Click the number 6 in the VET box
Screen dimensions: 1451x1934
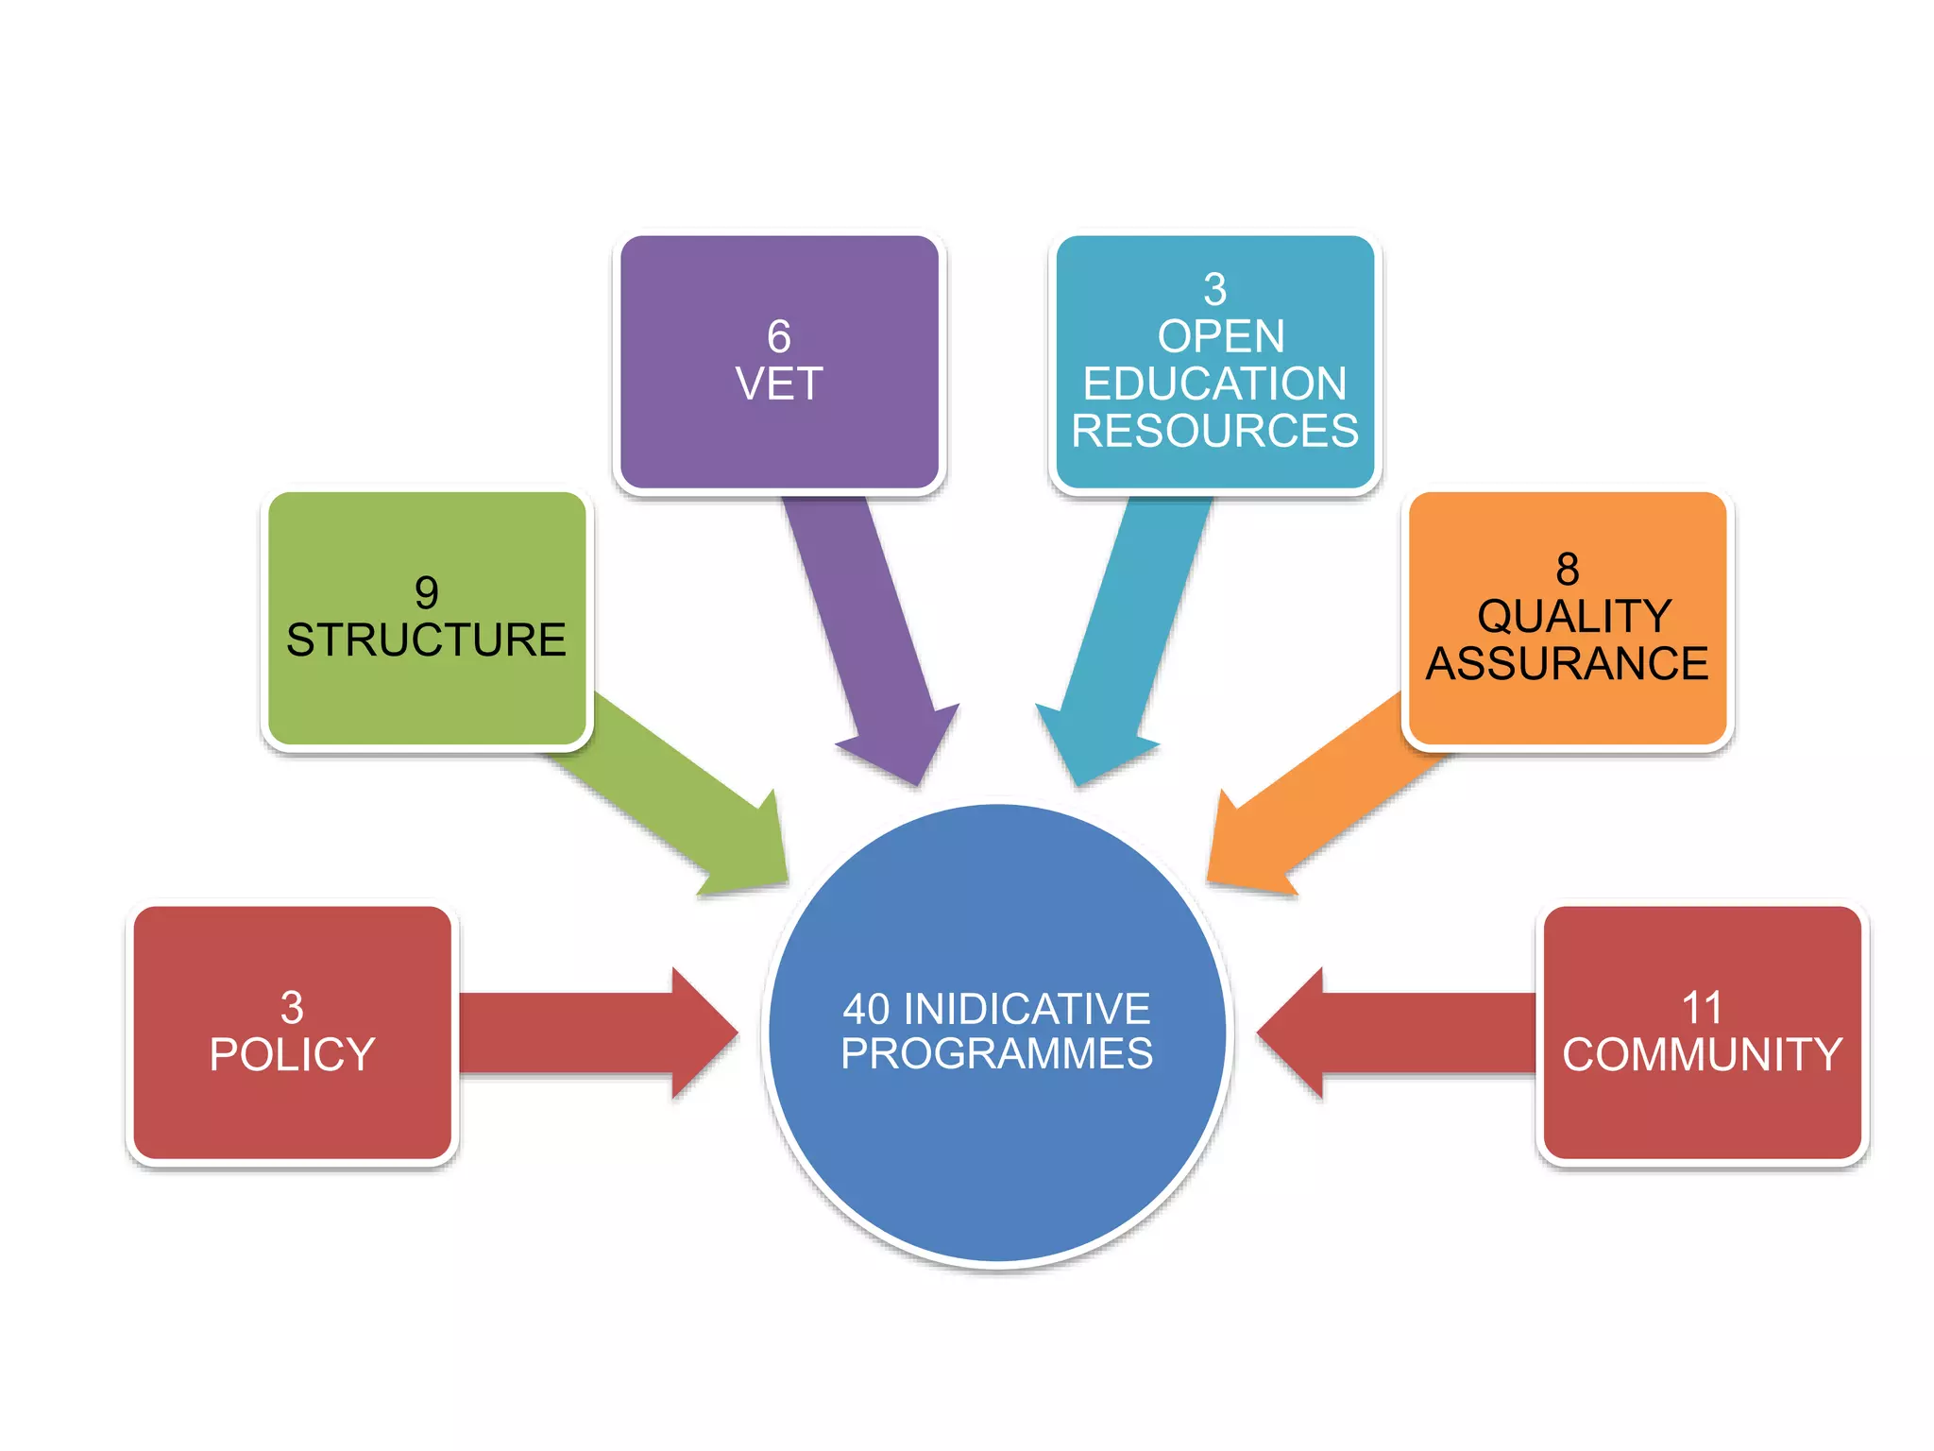[x=778, y=336]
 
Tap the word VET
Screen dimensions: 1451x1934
[x=779, y=384]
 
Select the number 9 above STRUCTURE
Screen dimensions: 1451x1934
[x=427, y=593]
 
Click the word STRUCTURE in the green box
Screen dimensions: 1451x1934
[x=427, y=640]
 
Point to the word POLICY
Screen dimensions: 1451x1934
[x=293, y=1054]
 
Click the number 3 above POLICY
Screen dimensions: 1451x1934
[x=293, y=1007]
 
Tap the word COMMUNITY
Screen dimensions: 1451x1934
[x=1703, y=1054]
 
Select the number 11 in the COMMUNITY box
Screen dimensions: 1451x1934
[x=1702, y=1007]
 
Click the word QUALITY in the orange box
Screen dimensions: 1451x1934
[x=1575, y=616]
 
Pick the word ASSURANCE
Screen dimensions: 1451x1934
[x=1568, y=663]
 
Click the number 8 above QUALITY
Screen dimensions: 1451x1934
[x=1568, y=569]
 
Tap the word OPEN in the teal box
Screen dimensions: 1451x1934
[x=1221, y=336]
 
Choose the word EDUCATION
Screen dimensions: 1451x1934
[x=1215, y=384]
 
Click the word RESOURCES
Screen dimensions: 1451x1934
[x=1215, y=431]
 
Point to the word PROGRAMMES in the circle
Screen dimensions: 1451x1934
[x=997, y=1053]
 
